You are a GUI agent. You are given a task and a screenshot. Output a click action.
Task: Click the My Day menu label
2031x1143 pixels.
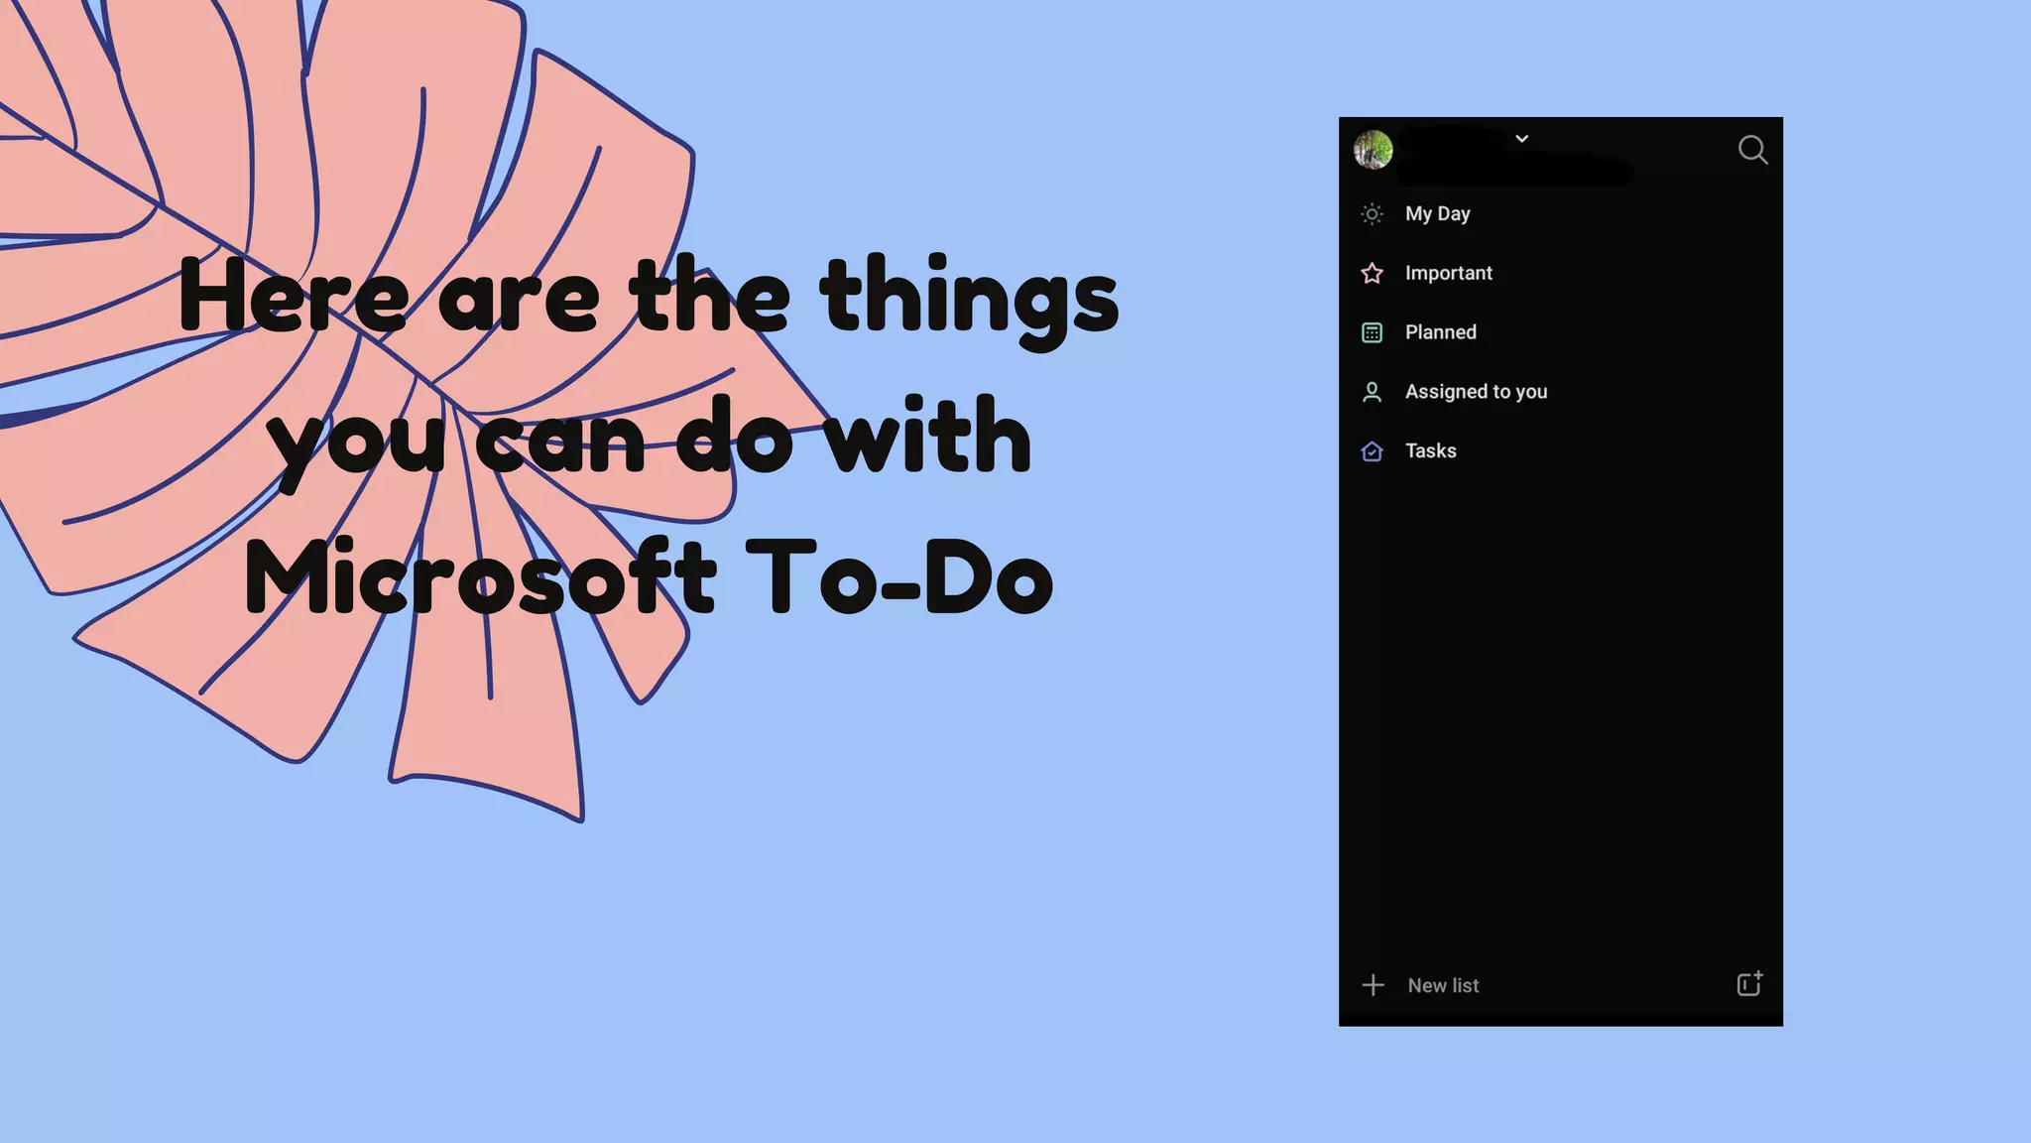click(x=1437, y=213)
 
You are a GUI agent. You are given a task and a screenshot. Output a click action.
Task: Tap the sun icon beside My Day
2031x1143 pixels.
click(x=1372, y=213)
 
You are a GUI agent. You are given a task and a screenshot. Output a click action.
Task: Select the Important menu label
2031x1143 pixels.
click(x=1448, y=273)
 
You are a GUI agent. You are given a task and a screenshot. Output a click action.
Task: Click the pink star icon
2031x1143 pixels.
click(x=1372, y=273)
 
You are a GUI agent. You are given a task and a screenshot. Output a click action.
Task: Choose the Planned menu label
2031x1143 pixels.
click(x=1440, y=332)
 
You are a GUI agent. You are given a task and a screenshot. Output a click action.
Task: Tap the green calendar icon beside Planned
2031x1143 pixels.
click(x=1372, y=332)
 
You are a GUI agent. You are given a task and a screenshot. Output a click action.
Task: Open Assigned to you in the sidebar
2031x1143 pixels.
click(x=1476, y=392)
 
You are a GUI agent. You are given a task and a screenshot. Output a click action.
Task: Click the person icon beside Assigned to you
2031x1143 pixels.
click(x=1372, y=392)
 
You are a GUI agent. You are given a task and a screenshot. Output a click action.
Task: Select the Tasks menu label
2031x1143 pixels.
click(x=1430, y=450)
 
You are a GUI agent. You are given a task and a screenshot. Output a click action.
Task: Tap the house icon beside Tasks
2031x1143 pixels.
click(x=1372, y=451)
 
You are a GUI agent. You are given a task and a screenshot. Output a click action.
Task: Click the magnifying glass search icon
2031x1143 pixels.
click(x=1752, y=150)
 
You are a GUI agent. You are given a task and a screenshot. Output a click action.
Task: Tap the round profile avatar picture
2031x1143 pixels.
click(x=1374, y=150)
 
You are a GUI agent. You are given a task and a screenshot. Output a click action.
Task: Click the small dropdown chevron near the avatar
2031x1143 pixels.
click(x=1521, y=139)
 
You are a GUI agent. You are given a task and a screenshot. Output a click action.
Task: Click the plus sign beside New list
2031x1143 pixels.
click(x=1373, y=985)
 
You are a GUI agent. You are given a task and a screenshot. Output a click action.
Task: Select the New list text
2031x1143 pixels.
click(x=1443, y=985)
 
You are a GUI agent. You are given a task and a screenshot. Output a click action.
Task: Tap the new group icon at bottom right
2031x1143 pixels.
click(x=1749, y=983)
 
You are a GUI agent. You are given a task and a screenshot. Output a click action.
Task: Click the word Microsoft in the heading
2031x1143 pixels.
click(x=480, y=576)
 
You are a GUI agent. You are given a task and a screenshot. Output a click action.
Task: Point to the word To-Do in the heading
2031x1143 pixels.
click(x=898, y=576)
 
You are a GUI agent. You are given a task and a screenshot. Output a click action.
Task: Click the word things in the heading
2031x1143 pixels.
click(x=969, y=297)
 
